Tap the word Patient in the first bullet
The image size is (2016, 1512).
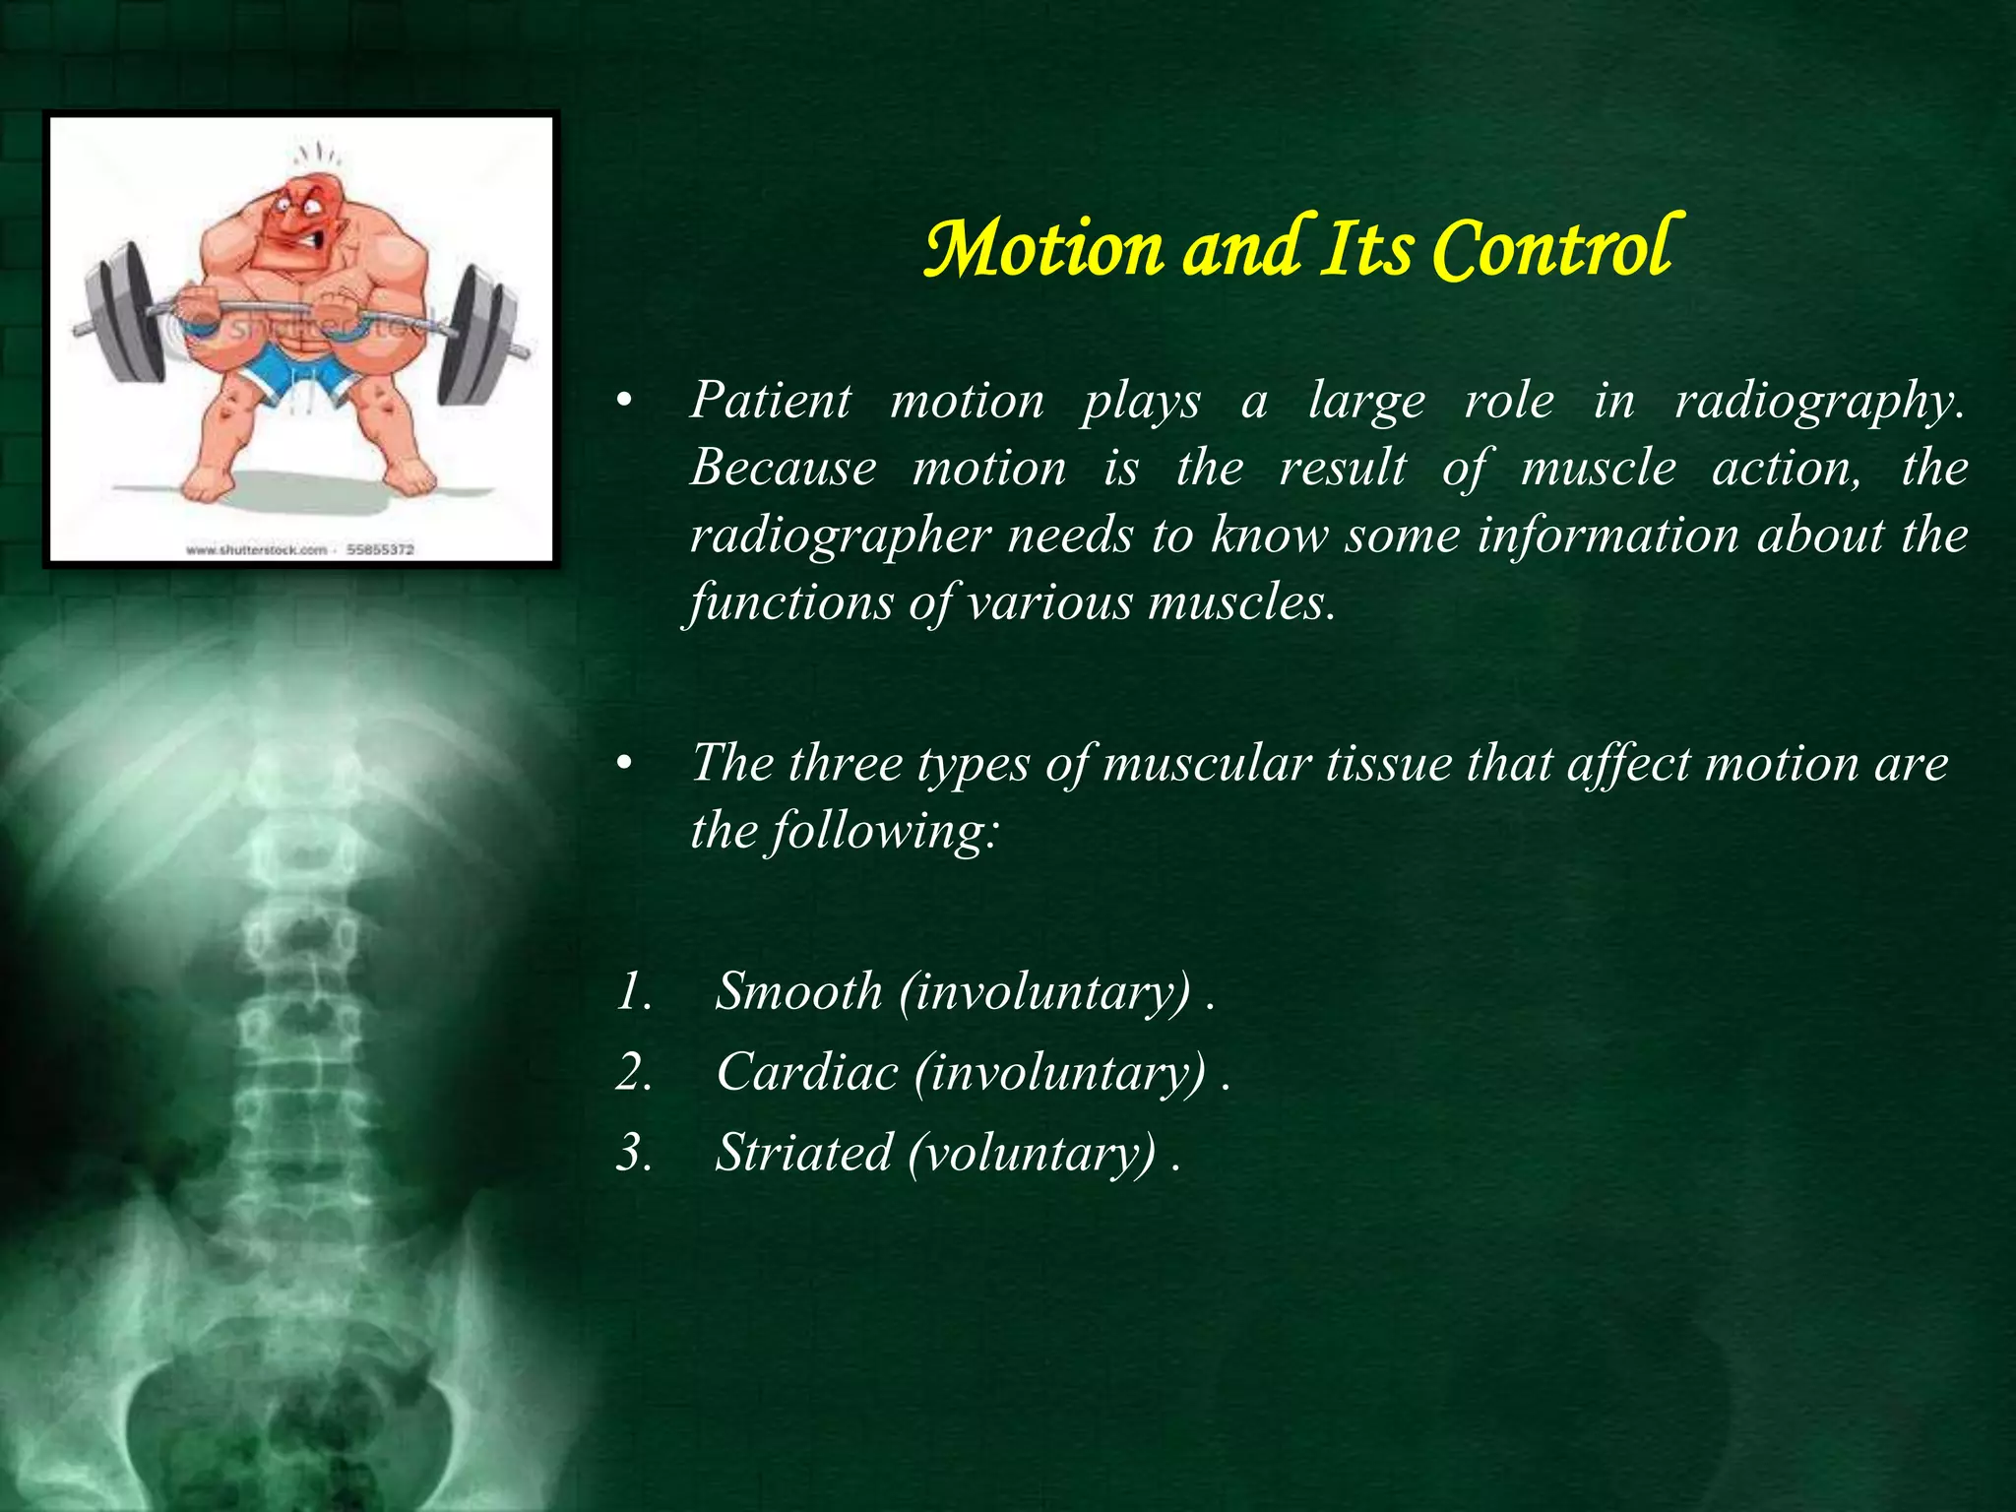[x=770, y=401]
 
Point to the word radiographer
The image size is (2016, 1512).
[x=840, y=536]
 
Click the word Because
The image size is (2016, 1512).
[x=783, y=468]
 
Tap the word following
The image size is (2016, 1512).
[x=886, y=832]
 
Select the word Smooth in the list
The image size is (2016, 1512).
[x=798, y=990]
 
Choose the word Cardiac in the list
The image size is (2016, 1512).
[x=807, y=1071]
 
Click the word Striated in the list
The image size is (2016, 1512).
[x=803, y=1152]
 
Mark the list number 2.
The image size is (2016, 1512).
[x=633, y=1071]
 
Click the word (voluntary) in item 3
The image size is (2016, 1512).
[x=1032, y=1154]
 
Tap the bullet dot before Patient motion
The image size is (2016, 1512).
[x=622, y=401]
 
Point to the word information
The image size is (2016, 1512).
[x=1608, y=536]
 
